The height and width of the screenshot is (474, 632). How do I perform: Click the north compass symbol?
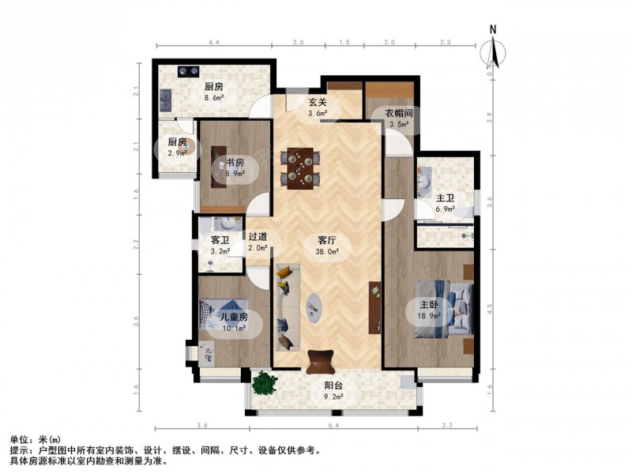[492, 51]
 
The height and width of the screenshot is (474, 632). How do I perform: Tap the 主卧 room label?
[428, 305]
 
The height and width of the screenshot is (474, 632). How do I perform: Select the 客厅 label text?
[326, 241]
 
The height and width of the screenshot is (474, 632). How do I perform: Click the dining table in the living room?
[300, 168]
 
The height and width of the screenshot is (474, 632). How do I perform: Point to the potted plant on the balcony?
[265, 383]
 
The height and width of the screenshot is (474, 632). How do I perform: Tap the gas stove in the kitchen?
[189, 72]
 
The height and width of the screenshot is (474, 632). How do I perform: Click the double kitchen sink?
[166, 100]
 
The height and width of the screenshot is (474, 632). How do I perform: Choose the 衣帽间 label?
[399, 114]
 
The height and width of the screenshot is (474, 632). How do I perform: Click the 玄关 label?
[318, 103]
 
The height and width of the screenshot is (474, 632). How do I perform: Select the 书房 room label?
[235, 164]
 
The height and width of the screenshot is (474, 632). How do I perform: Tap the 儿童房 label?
[233, 318]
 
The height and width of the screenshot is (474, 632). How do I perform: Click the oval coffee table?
[314, 307]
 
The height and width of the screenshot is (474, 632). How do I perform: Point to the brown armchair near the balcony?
[321, 362]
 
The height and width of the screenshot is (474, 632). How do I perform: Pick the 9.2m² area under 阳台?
[334, 397]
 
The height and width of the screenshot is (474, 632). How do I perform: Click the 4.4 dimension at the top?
[213, 43]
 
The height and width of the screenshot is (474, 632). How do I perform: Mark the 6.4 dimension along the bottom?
[333, 425]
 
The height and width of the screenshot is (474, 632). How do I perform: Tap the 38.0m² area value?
[327, 251]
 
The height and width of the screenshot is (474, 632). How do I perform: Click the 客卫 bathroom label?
[220, 241]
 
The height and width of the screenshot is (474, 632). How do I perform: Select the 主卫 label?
[445, 198]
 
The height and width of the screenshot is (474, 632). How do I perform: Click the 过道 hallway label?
[258, 237]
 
